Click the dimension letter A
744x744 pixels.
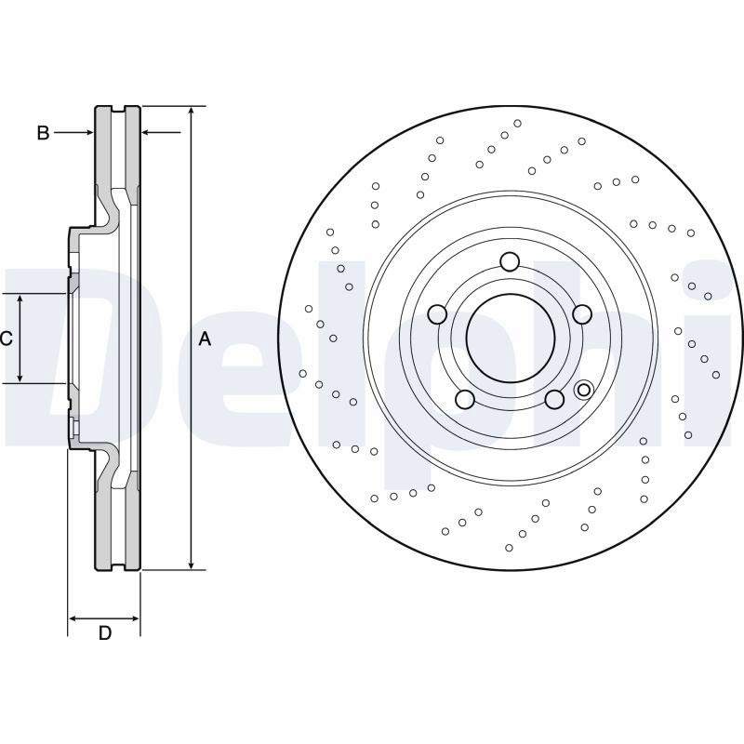click(x=205, y=339)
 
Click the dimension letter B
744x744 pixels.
click(x=43, y=133)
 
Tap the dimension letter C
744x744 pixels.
click(x=6, y=339)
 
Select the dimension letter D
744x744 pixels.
click(x=105, y=633)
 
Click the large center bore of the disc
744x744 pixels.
click(x=511, y=338)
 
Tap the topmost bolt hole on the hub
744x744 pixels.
click(x=510, y=261)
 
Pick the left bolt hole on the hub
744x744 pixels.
click(x=437, y=314)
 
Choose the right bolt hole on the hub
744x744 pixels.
click(x=582, y=314)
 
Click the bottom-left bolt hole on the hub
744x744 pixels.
click(x=465, y=399)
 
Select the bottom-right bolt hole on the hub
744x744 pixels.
click(x=554, y=399)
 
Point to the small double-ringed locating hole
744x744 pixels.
click(x=584, y=390)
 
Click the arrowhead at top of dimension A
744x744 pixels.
click(x=191, y=111)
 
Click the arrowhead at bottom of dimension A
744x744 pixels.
click(x=191, y=565)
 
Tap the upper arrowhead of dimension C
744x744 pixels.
click(x=20, y=299)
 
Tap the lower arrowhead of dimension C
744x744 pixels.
click(x=20, y=378)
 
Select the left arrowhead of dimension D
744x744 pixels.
click(x=73, y=618)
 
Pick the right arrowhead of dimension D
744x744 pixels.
click(x=135, y=618)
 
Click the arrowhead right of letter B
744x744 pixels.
click(x=88, y=133)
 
